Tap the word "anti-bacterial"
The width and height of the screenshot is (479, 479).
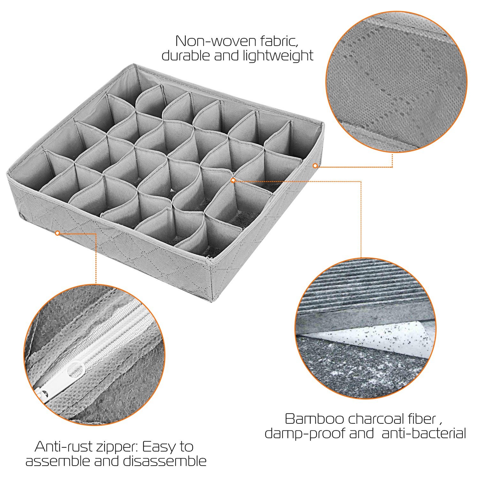(424, 433)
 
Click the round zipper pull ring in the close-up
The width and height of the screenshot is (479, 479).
(76, 369)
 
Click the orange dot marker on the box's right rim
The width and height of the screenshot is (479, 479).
(315, 165)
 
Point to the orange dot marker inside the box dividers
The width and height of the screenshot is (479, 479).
(233, 180)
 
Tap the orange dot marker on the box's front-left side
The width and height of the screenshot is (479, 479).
(57, 233)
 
